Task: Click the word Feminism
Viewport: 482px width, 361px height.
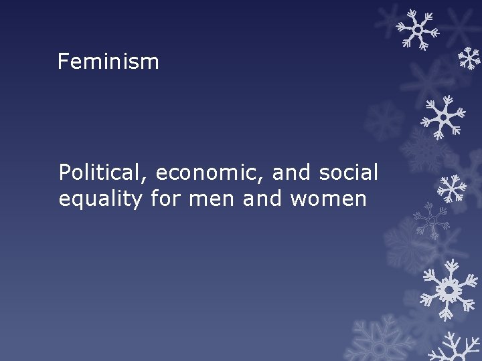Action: pos(108,62)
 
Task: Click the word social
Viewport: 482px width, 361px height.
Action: pos(349,172)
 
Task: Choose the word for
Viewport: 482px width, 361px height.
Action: pos(165,199)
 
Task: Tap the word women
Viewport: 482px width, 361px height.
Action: pos(328,199)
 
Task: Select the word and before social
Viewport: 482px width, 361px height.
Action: pos(293,172)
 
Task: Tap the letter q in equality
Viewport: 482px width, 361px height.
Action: pos(78,201)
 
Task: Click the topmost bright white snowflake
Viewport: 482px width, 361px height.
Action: pos(418,30)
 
